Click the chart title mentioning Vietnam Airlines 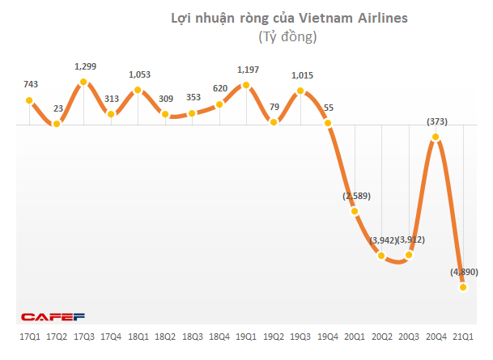(x=287, y=18)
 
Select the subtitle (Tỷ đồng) (x=287, y=37)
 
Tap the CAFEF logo (x=53, y=316)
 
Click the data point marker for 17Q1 (x=29, y=101)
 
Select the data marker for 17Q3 (x=83, y=82)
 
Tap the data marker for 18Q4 (x=219, y=104)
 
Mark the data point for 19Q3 (x=301, y=91)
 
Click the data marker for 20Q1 (x=355, y=211)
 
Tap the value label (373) (x=436, y=121)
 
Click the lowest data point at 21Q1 (x=463, y=286)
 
